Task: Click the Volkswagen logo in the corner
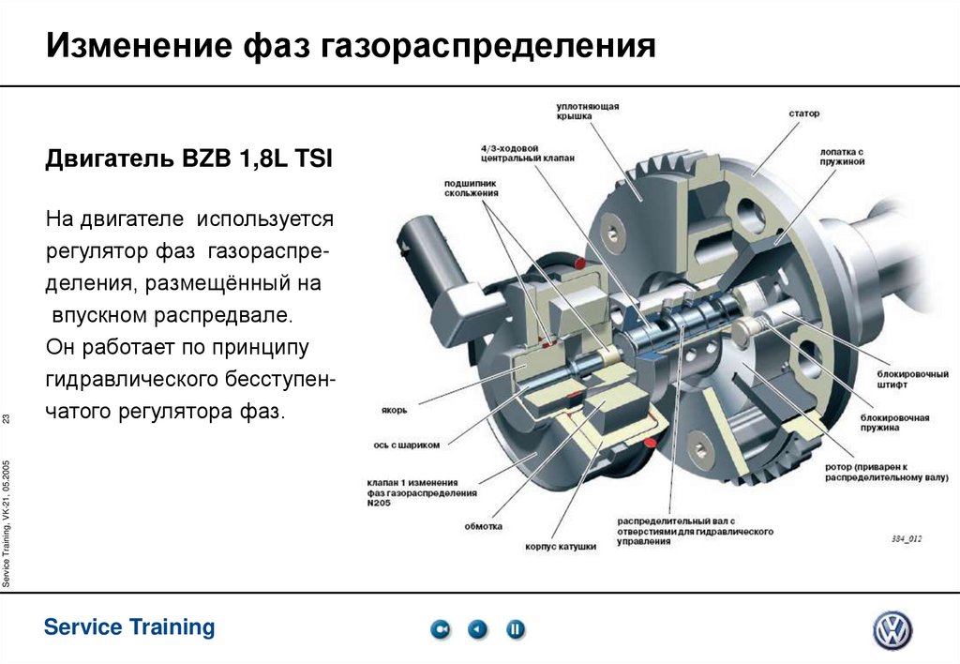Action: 892,630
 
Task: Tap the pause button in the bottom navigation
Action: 516,629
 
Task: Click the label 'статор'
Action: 803,113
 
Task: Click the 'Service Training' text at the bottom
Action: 129,626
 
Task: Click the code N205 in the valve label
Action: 380,503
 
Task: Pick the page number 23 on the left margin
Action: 7,417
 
